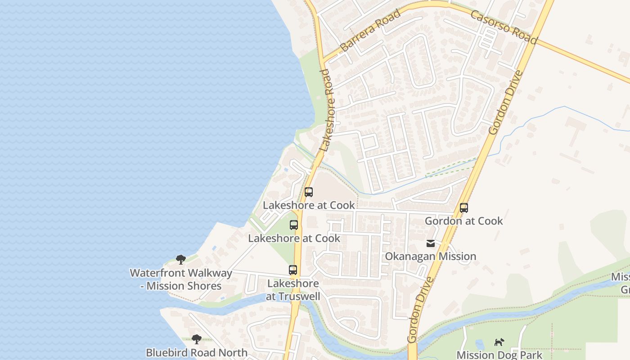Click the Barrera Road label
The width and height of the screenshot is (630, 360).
point(370,31)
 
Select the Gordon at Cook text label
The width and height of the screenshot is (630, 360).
point(464,221)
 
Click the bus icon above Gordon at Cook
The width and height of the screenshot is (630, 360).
point(464,208)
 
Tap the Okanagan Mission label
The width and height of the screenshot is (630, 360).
point(430,256)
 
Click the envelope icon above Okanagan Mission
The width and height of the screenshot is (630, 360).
point(431,243)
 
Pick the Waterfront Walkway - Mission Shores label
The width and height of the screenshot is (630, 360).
point(181,279)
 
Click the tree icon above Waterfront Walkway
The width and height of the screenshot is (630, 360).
point(181,260)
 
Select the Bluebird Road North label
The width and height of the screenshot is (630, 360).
point(197,352)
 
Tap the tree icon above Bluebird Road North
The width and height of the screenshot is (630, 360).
point(196,339)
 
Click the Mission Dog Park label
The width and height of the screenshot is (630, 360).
point(499,355)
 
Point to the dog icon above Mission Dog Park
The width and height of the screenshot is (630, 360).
point(499,342)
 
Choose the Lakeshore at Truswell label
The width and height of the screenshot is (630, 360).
point(293,290)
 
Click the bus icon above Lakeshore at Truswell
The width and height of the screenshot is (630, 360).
point(293,270)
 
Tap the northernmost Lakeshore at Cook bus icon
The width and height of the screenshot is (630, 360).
point(309,192)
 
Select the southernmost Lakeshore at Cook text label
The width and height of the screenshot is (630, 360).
point(294,238)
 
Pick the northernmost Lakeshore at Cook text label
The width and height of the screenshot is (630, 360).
point(309,205)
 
